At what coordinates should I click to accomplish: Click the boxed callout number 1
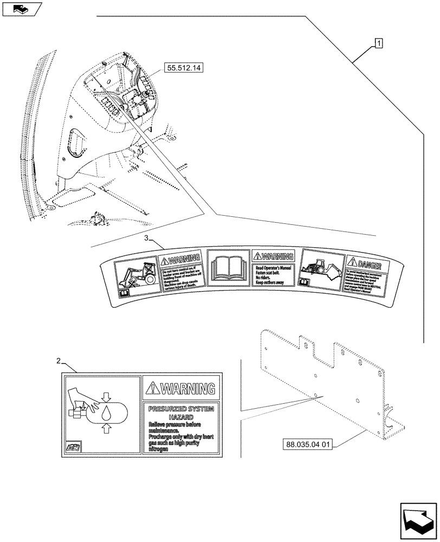coord(379,42)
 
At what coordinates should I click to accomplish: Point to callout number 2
coord(59,360)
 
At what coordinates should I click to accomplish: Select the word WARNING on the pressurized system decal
coord(188,388)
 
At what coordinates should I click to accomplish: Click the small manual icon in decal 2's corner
coord(73,447)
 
